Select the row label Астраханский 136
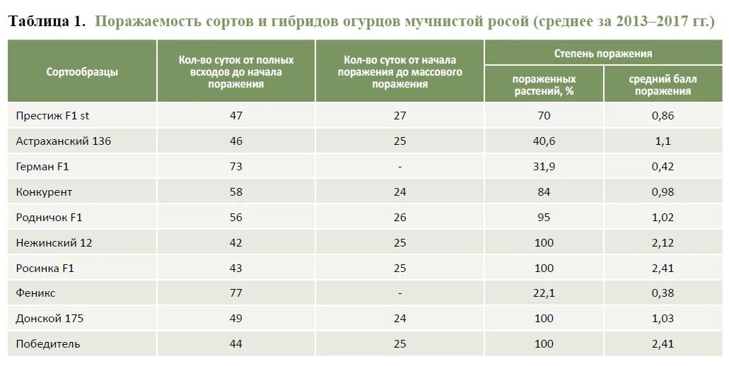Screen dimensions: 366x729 point(63,141)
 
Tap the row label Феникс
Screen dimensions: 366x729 point(35,293)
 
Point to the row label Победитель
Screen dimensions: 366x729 point(48,343)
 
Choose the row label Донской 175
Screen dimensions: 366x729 point(49,318)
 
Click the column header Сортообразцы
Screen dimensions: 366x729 point(82,71)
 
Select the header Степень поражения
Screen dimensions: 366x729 point(602,53)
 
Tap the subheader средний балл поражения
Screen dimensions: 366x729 point(663,84)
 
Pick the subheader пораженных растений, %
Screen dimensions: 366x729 point(544,84)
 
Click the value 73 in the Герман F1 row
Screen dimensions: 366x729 point(235,166)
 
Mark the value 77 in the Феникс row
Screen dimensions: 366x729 point(235,293)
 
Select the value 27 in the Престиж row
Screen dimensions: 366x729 point(400,115)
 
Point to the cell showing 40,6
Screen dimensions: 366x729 point(544,141)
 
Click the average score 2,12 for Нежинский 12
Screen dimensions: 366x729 point(663,242)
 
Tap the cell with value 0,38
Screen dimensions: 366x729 point(663,293)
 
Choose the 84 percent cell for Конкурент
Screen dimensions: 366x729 point(544,191)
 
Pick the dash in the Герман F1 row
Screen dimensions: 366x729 point(400,167)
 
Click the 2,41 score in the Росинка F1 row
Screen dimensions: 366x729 point(663,268)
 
